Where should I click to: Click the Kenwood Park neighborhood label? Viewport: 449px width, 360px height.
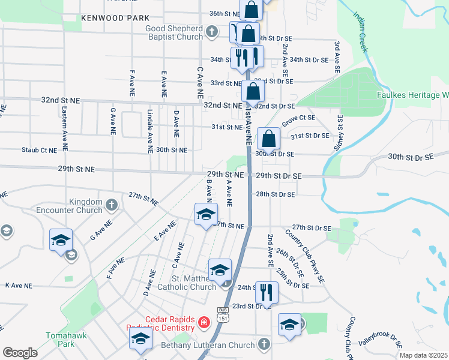(x=116, y=19)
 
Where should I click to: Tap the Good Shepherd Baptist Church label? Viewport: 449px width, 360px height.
(x=174, y=32)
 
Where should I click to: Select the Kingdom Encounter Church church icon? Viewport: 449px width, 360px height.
(x=111, y=206)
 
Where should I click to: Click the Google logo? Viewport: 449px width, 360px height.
(x=20, y=352)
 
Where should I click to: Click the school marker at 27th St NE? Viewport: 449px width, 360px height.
(x=205, y=215)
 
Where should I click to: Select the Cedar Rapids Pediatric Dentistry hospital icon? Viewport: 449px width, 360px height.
(x=204, y=323)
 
